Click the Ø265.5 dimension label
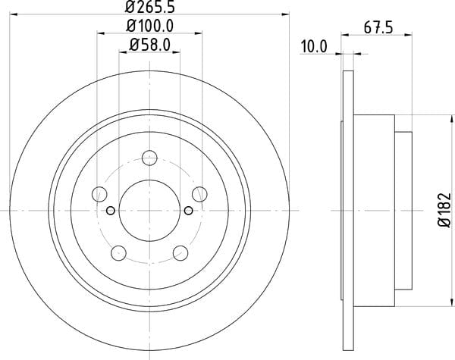coord(150,7)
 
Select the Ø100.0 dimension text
coord(150,26)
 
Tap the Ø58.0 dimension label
coord(149,45)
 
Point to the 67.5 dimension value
coord(378,28)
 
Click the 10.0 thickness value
coord(314,47)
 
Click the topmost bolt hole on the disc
coord(149,158)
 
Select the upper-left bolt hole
coord(99,194)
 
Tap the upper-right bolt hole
coord(199,194)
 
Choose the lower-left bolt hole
coord(118,253)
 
